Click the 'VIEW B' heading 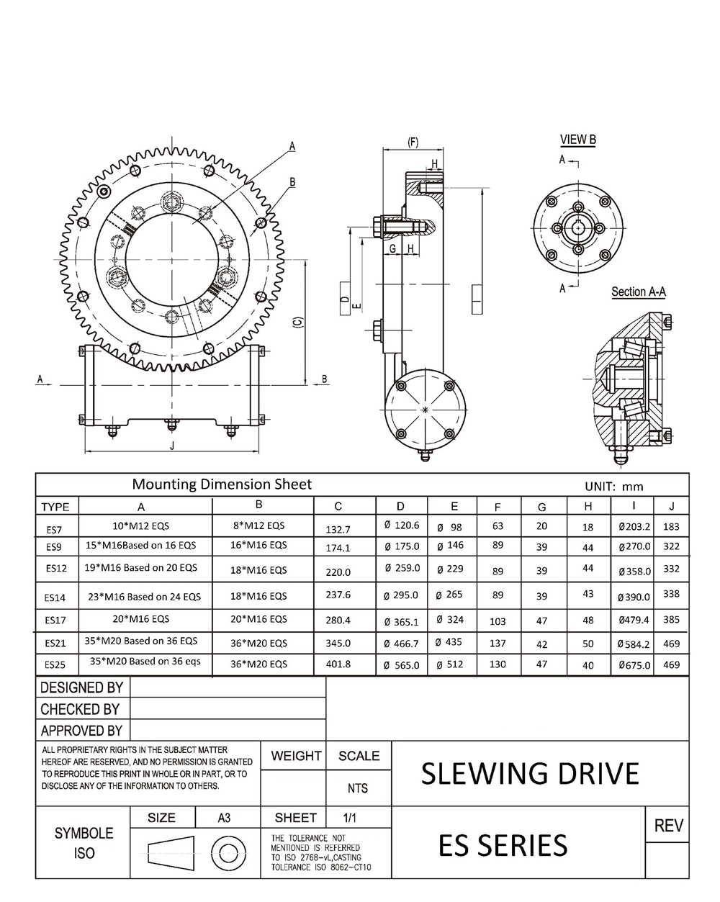pos(577,140)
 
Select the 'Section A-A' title pos(638,292)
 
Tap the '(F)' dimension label pos(413,143)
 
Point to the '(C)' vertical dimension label pos(297,325)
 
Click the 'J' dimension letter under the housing pos(171,446)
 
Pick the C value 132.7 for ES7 pos(338,529)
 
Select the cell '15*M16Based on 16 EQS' pos(141,545)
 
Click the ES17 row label pos(55,620)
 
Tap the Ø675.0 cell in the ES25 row pos(634,665)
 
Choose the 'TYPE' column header pos(55,507)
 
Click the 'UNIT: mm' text pos(613,487)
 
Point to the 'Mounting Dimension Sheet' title pos(222,484)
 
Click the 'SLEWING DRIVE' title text pos(529,773)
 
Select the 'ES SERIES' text pos(503,845)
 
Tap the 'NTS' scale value pos(358,788)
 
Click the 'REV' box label pos(668,826)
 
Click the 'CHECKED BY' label pos(80,709)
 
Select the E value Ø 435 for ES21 pos(449,641)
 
